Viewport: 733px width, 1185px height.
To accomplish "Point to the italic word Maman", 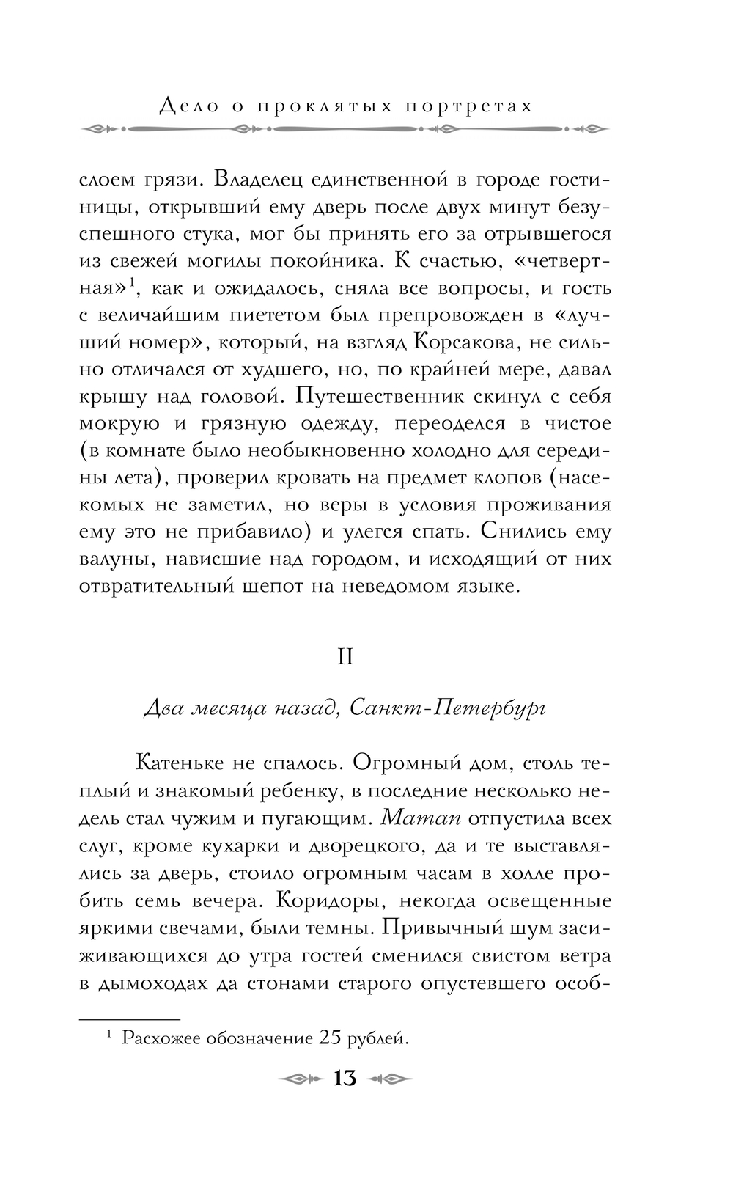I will click(x=420, y=818).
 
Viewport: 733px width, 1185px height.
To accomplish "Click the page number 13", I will click(x=345, y=1079).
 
